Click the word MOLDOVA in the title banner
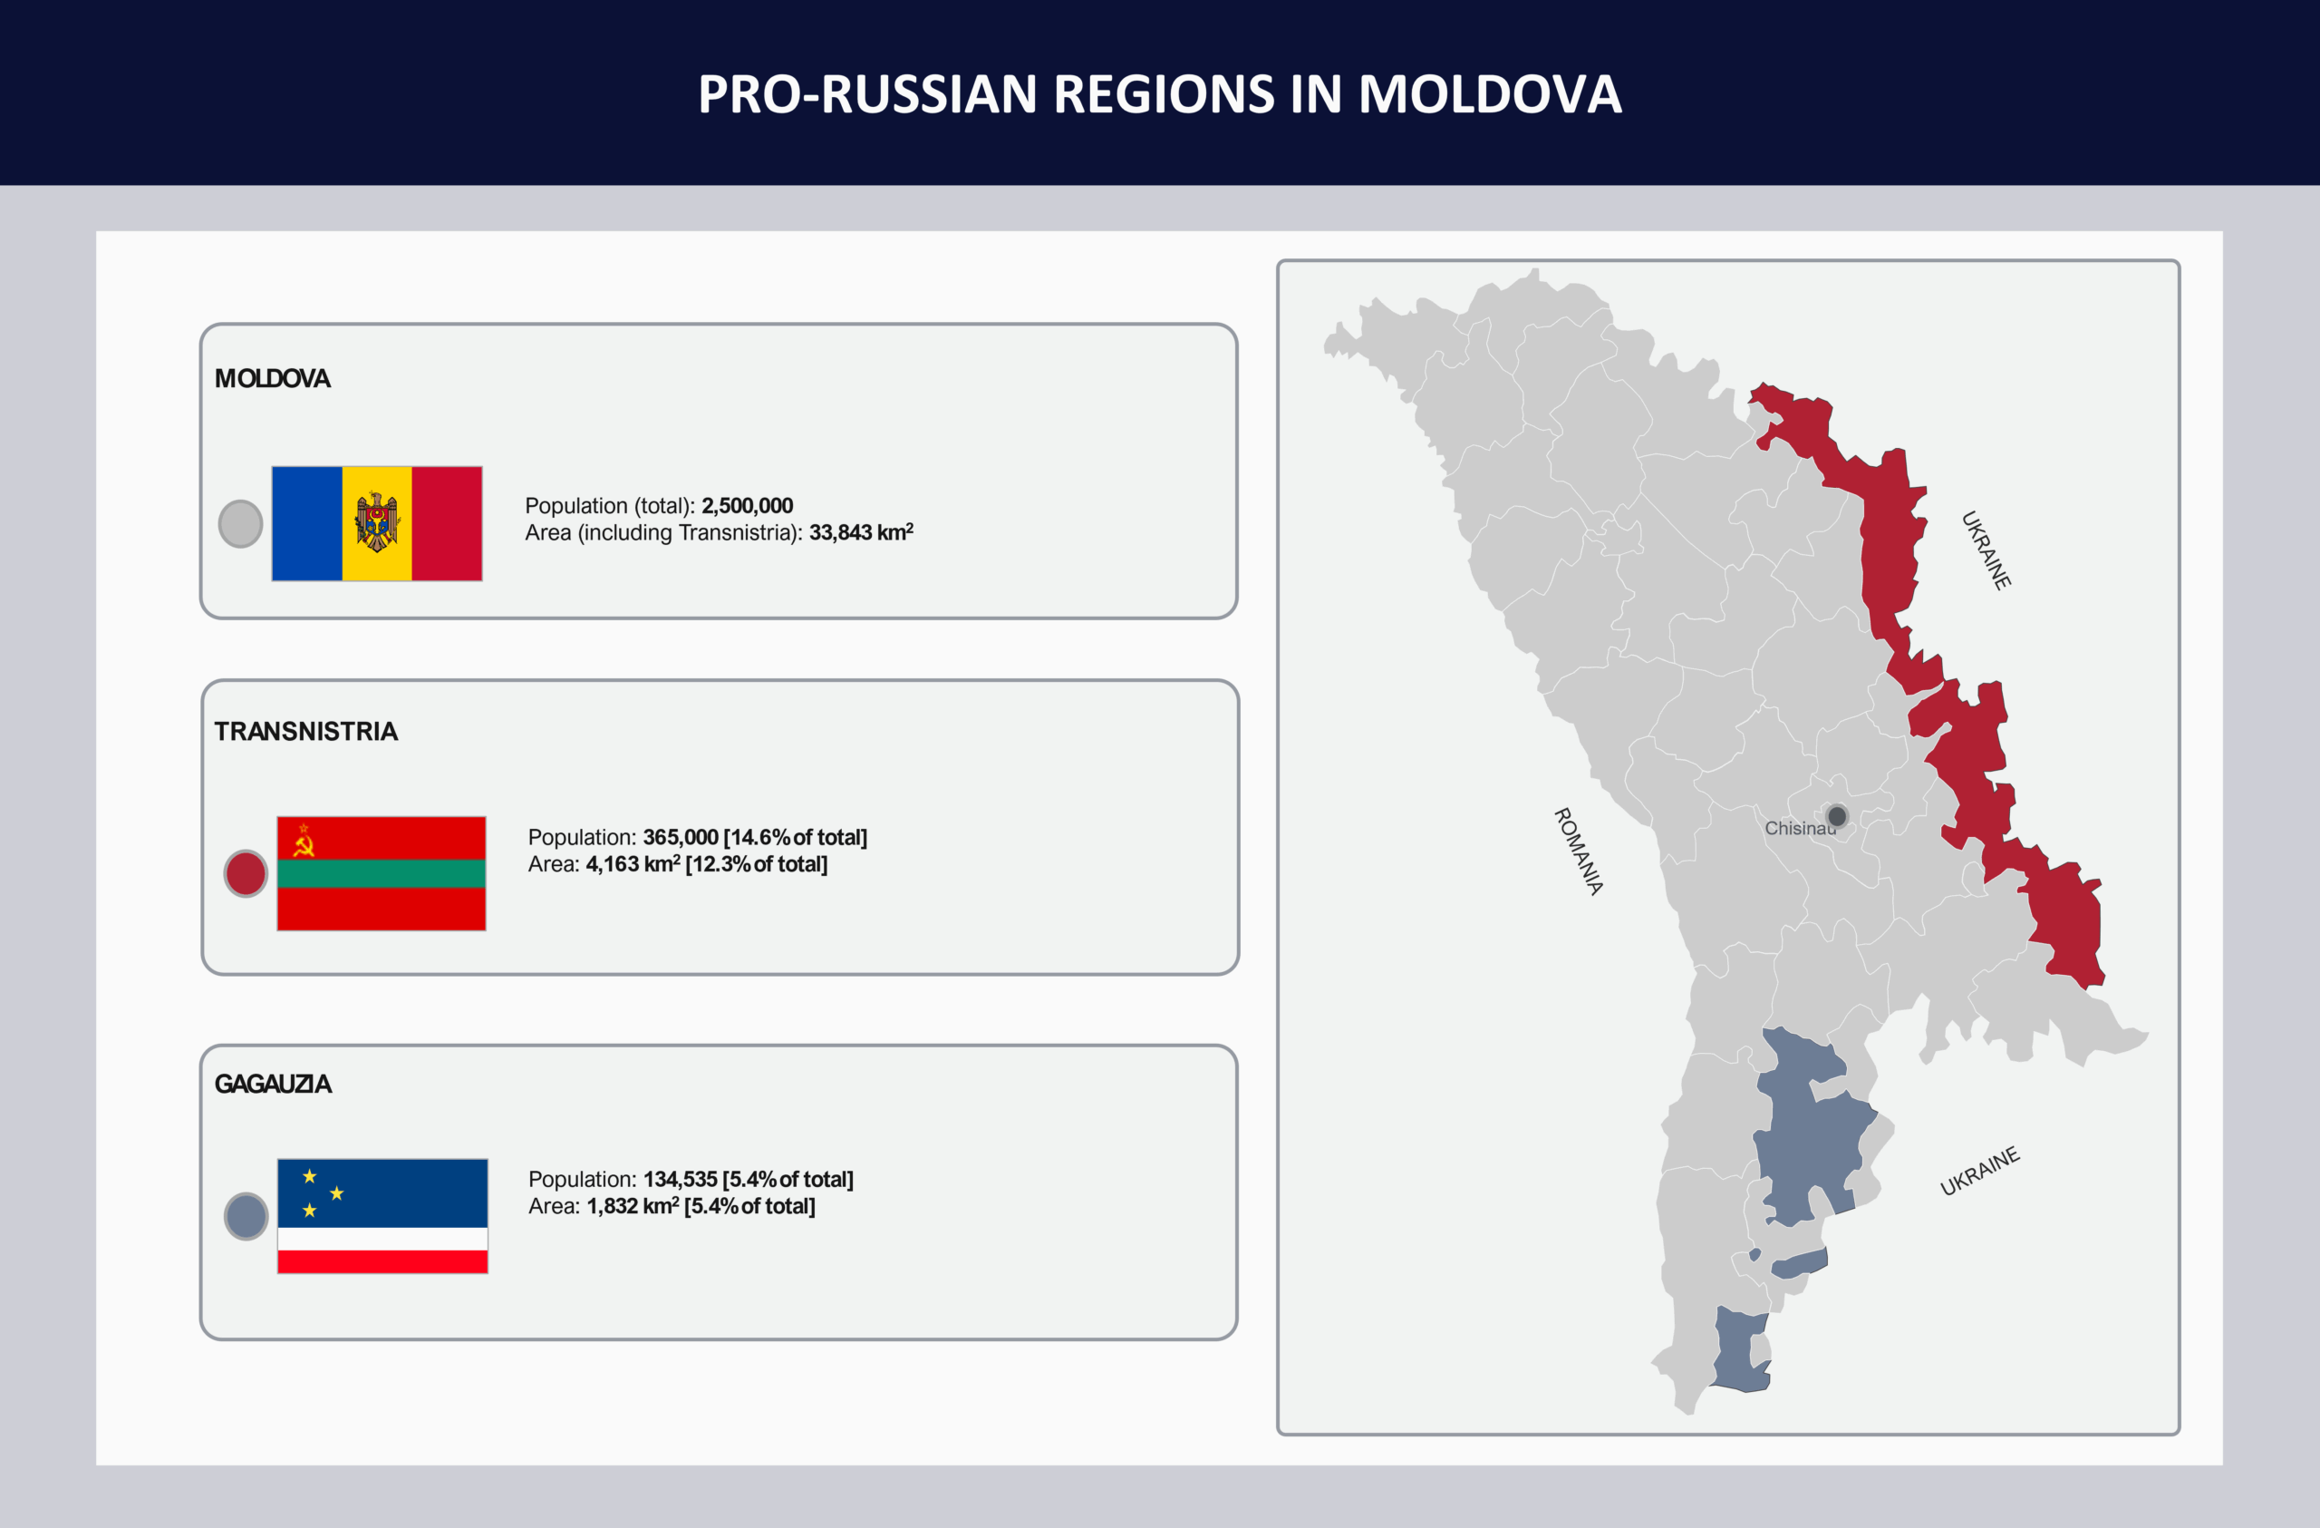1490,94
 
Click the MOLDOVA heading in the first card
272,378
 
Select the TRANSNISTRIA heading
306,731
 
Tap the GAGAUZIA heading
273,1084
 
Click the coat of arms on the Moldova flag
377,522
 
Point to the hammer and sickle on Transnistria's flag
304,841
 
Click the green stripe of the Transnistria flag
382,872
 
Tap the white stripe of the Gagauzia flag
382,1239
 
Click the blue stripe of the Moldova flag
307,523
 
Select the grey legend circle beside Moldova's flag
241,523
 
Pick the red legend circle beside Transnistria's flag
246,872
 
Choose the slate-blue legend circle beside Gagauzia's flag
246,1216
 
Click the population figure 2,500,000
748,505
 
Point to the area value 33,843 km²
861,531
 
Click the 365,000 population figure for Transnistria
681,837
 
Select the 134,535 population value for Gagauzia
680,1179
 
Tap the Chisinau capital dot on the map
1836,815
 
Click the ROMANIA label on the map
1578,851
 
